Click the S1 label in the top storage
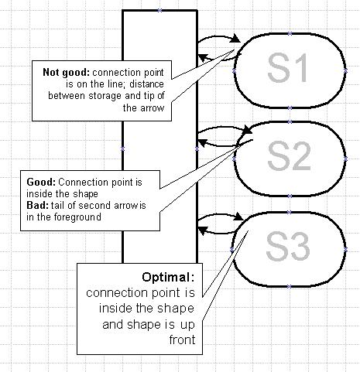[x=287, y=68]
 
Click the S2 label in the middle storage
[x=289, y=156]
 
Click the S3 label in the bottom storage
[x=288, y=246]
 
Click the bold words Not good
[x=66, y=73]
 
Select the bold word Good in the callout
[x=41, y=183]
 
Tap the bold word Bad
[x=37, y=206]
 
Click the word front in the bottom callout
[x=182, y=340]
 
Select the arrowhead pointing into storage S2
[x=248, y=129]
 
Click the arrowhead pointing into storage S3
[x=238, y=217]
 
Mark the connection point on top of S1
[x=290, y=33]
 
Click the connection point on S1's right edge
[x=345, y=70]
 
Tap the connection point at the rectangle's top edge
[x=159, y=11]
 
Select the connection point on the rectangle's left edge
[x=122, y=148]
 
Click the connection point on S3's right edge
[x=345, y=249]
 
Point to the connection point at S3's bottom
[x=289, y=286]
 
